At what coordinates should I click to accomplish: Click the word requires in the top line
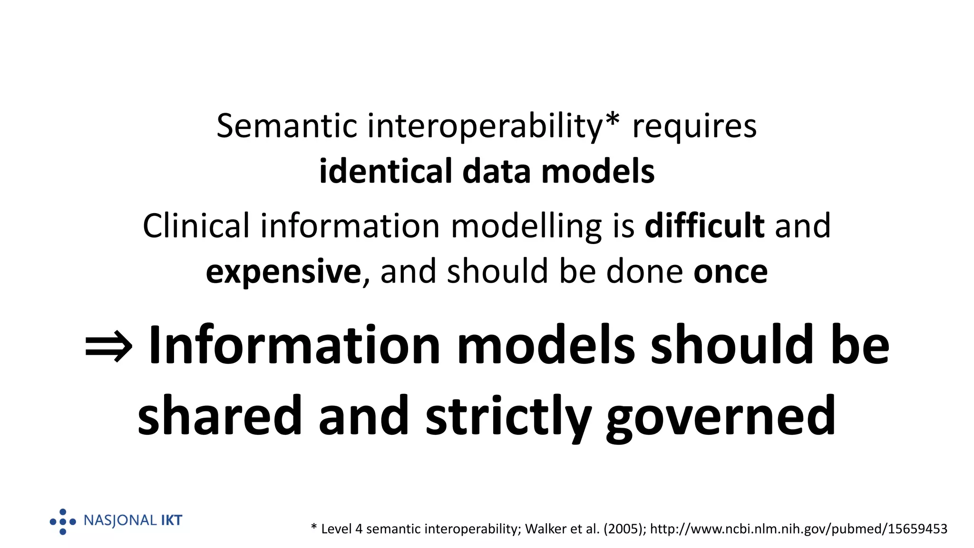[x=694, y=127]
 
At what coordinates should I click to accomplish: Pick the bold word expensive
[x=283, y=272]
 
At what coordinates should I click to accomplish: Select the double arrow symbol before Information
[x=108, y=347]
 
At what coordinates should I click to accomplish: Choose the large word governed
[x=721, y=417]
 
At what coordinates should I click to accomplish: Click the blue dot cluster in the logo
[x=63, y=522]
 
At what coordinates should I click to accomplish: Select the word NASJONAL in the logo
[x=120, y=520]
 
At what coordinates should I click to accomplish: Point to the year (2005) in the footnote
[x=624, y=529]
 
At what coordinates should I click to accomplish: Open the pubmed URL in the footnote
[x=799, y=529]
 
